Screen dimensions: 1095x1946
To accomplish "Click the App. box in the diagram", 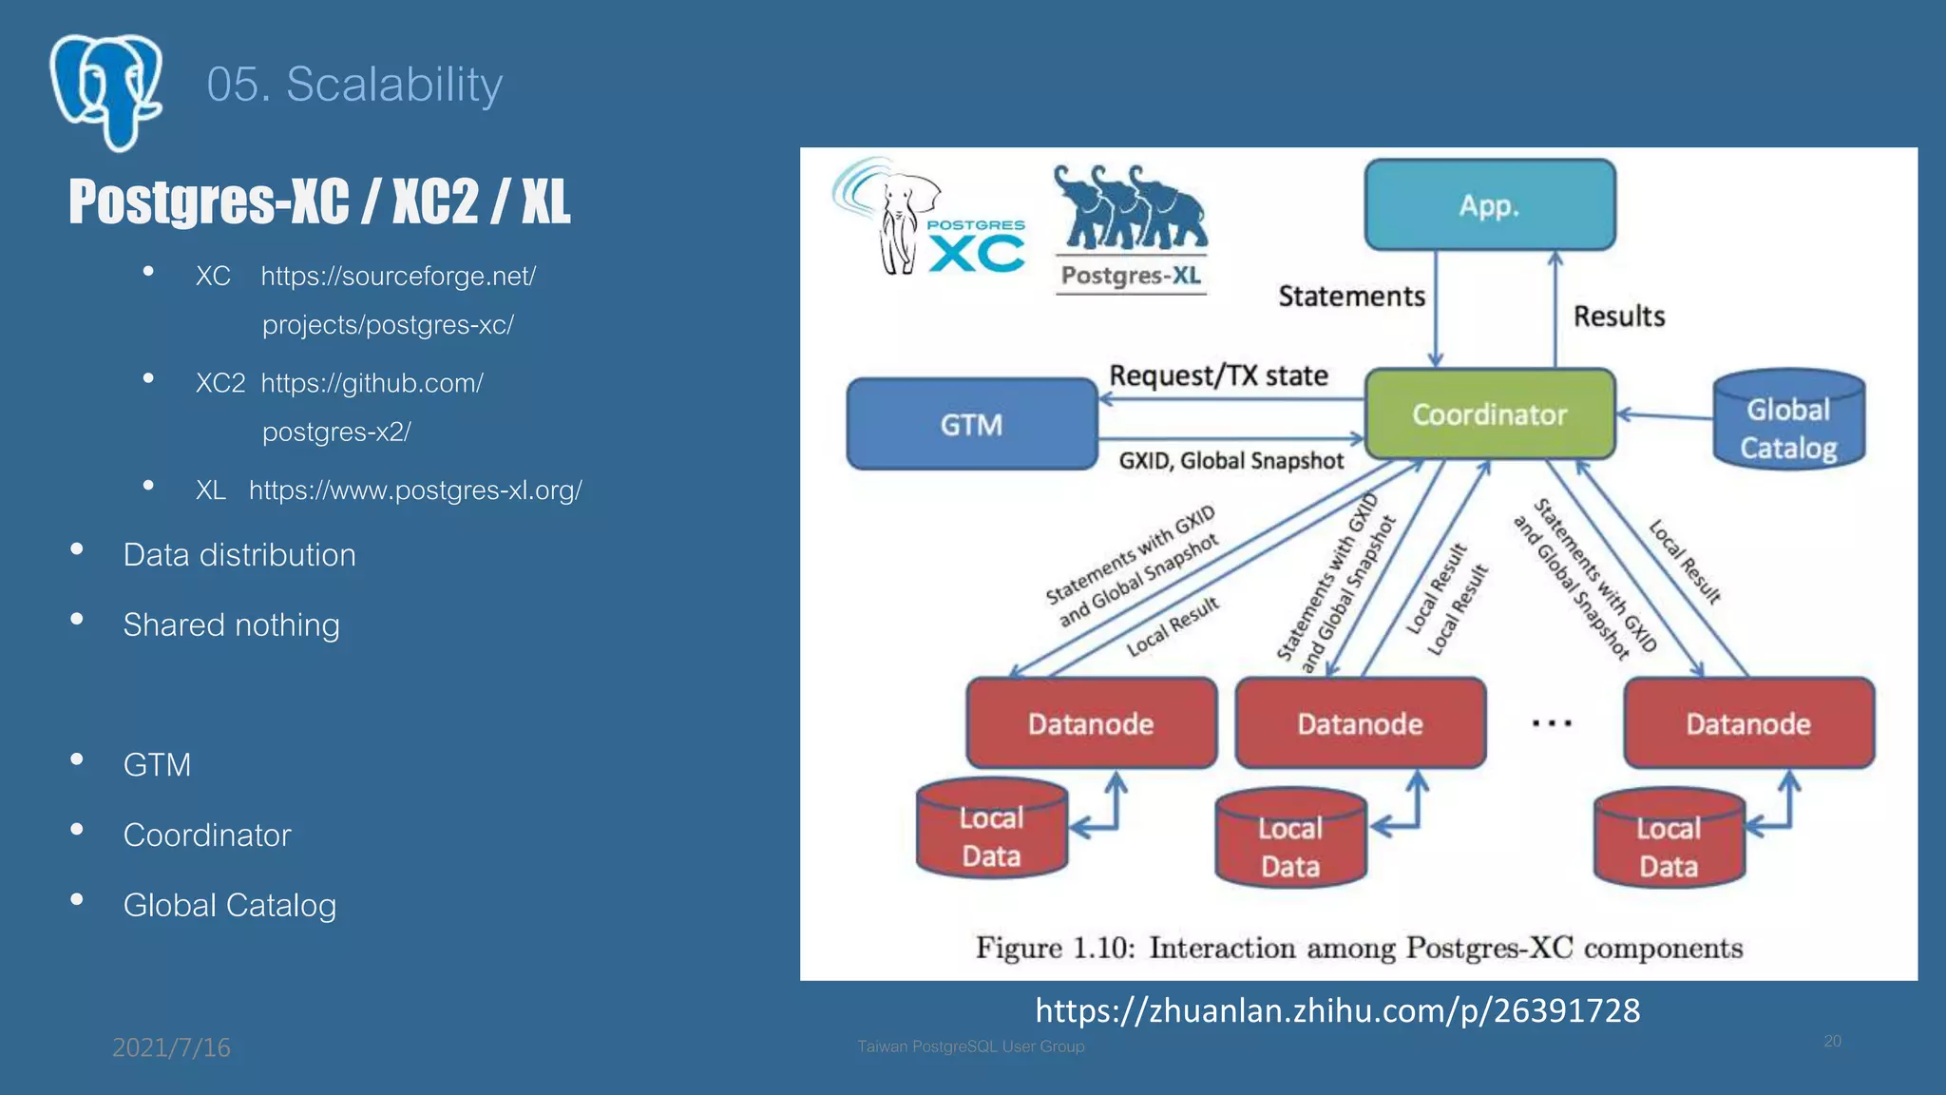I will click(x=1489, y=204).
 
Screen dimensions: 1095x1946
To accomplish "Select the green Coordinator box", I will click(x=1489, y=414).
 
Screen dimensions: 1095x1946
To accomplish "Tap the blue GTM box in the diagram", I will click(x=971, y=424).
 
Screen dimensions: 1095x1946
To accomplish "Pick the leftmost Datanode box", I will click(x=1091, y=723).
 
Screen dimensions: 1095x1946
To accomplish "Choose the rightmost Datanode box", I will click(x=1748, y=723).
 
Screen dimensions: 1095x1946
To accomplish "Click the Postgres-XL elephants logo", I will click(x=1131, y=228).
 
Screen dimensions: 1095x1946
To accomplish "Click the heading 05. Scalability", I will click(x=353, y=85).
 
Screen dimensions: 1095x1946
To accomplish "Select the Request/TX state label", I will click(x=1218, y=375).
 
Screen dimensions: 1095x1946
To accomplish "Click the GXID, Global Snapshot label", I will click(x=1231, y=461).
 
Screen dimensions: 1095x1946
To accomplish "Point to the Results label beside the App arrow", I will click(x=1619, y=316).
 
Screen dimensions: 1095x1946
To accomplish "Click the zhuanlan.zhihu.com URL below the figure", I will click(x=1337, y=1009).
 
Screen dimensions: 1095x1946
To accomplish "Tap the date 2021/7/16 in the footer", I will click(x=171, y=1047).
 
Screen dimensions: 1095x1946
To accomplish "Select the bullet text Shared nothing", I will click(x=231, y=624).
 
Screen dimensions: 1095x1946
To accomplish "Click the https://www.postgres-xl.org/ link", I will click(x=415, y=490).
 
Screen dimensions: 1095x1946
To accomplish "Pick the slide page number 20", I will click(x=1832, y=1041).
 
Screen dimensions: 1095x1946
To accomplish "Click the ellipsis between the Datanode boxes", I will click(x=1552, y=724).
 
